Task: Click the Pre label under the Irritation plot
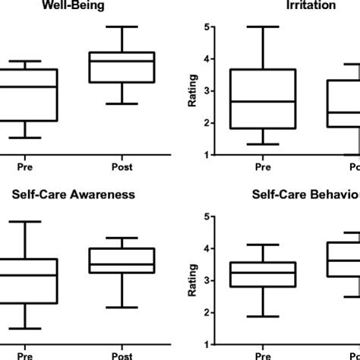pos(264,163)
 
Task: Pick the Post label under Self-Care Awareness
pos(122,353)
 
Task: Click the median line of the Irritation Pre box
pos(264,101)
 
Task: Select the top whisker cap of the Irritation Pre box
pos(264,27)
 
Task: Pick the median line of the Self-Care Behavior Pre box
pos(264,273)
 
